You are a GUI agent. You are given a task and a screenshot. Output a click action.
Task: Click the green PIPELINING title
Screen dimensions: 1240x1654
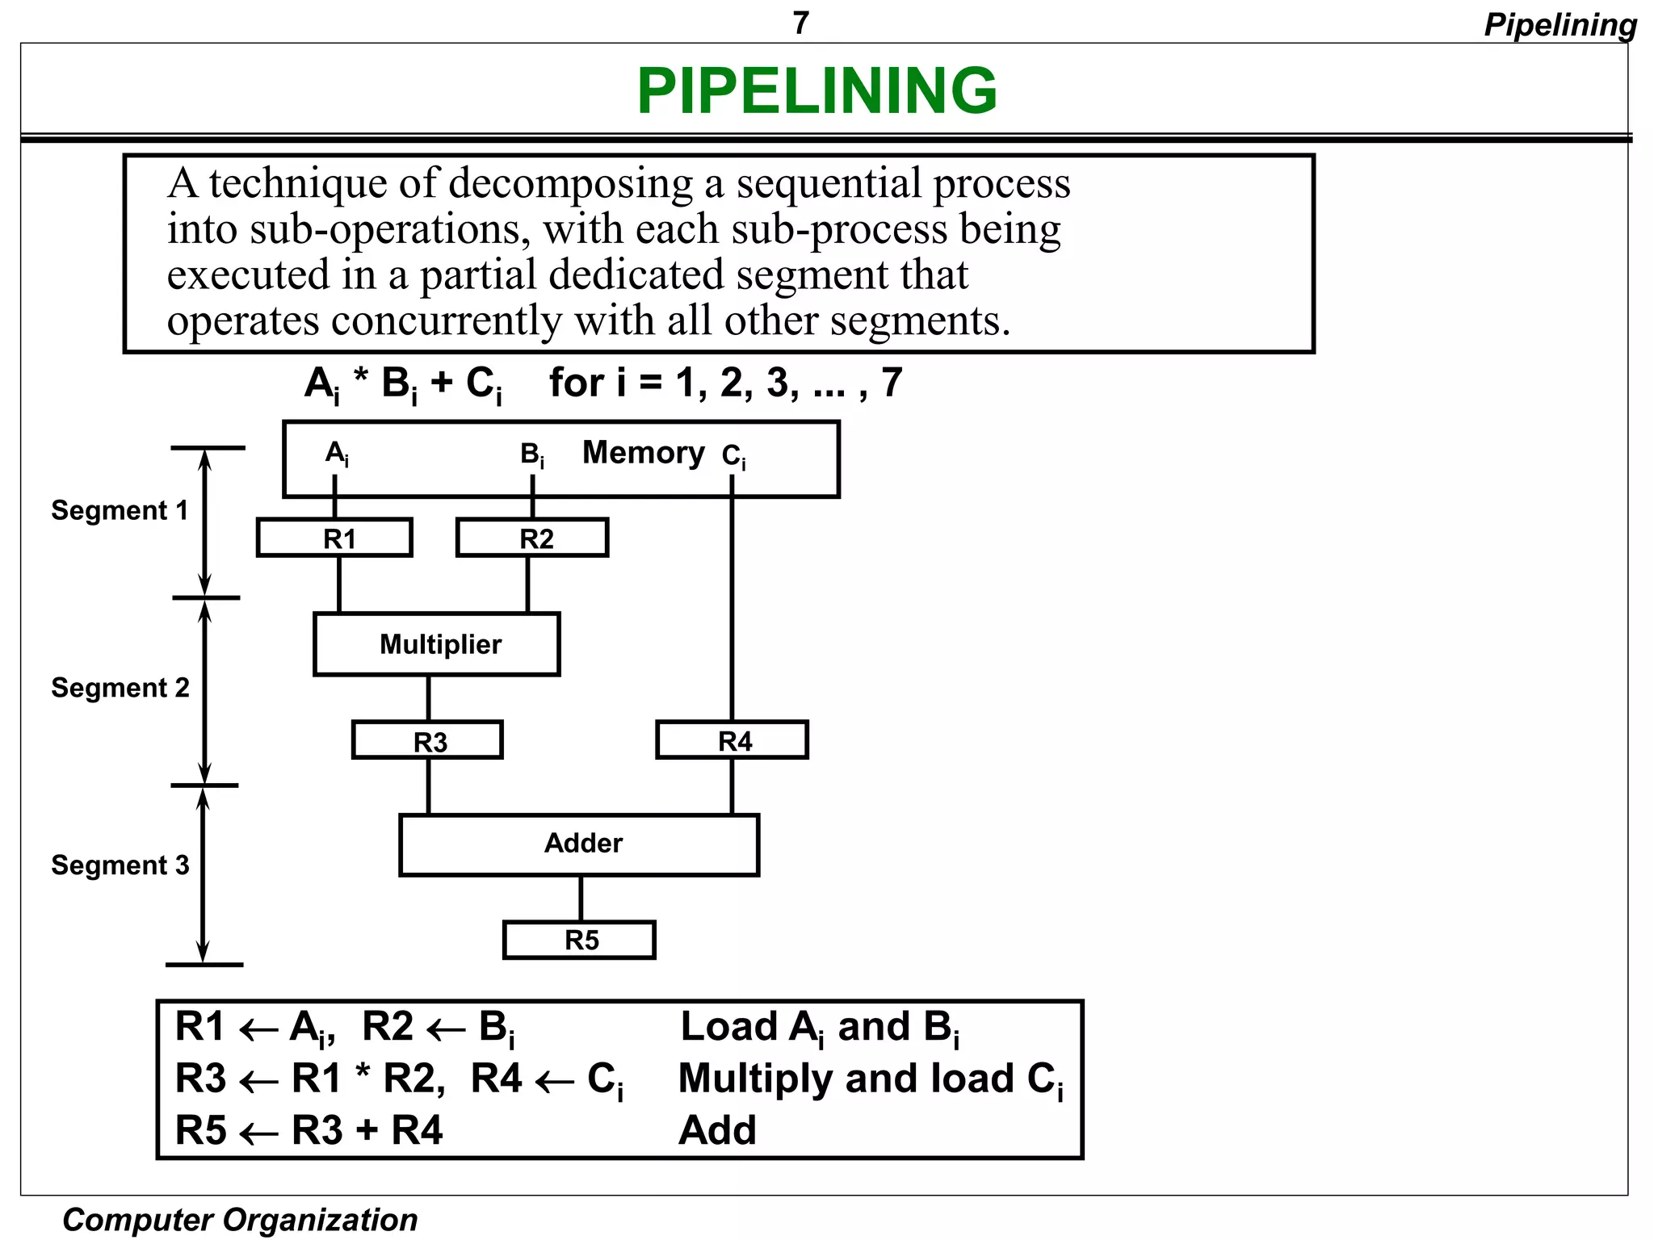pyautogui.click(x=817, y=90)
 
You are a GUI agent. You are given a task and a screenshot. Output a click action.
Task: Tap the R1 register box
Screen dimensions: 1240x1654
pyautogui.click(x=334, y=538)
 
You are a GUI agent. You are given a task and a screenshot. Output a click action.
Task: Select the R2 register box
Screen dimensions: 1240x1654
pyautogui.click(x=532, y=538)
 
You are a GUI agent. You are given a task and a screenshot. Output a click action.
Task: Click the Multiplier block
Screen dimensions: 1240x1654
pyautogui.click(x=437, y=644)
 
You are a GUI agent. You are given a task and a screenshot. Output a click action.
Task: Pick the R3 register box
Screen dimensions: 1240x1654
pyautogui.click(x=427, y=740)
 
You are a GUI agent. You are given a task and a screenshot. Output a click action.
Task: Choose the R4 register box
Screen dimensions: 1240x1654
pyautogui.click(x=732, y=740)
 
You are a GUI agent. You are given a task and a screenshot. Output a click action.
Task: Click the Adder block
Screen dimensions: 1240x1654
pyautogui.click(x=580, y=844)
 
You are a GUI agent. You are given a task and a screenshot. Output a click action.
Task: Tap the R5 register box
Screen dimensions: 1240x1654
pyautogui.click(x=579, y=940)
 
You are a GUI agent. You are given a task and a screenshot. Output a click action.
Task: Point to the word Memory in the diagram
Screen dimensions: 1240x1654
pyautogui.click(x=643, y=453)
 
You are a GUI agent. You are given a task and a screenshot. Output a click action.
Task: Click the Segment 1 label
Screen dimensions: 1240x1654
pyautogui.click(x=120, y=510)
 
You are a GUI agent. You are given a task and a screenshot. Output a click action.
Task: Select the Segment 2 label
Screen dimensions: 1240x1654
pyautogui.click(x=120, y=688)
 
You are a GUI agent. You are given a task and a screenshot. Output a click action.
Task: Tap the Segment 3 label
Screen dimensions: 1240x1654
pyautogui.click(x=120, y=865)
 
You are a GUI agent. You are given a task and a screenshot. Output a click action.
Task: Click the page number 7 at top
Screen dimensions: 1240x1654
pyautogui.click(x=800, y=23)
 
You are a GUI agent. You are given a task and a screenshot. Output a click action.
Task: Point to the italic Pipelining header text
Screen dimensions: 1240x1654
pyautogui.click(x=1560, y=25)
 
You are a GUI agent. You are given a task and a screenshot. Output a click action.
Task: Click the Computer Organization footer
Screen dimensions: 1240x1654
pyautogui.click(x=240, y=1219)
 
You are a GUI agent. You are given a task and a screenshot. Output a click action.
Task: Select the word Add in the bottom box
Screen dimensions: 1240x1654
pyautogui.click(x=717, y=1130)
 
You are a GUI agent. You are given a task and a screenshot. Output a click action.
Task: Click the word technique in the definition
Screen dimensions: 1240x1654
pyautogui.click(x=298, y=184)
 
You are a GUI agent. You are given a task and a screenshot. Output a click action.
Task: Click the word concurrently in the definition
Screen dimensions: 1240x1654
pyautogui.click(x=446, y=321)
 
